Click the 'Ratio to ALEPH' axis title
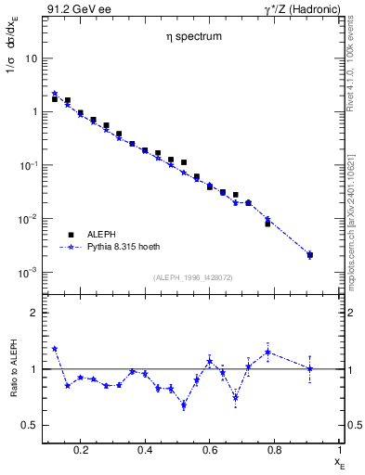coord(13,369)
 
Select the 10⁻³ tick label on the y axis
coord(28,273)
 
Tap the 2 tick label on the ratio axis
coord(33,313)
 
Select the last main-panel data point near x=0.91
coord(309,254)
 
